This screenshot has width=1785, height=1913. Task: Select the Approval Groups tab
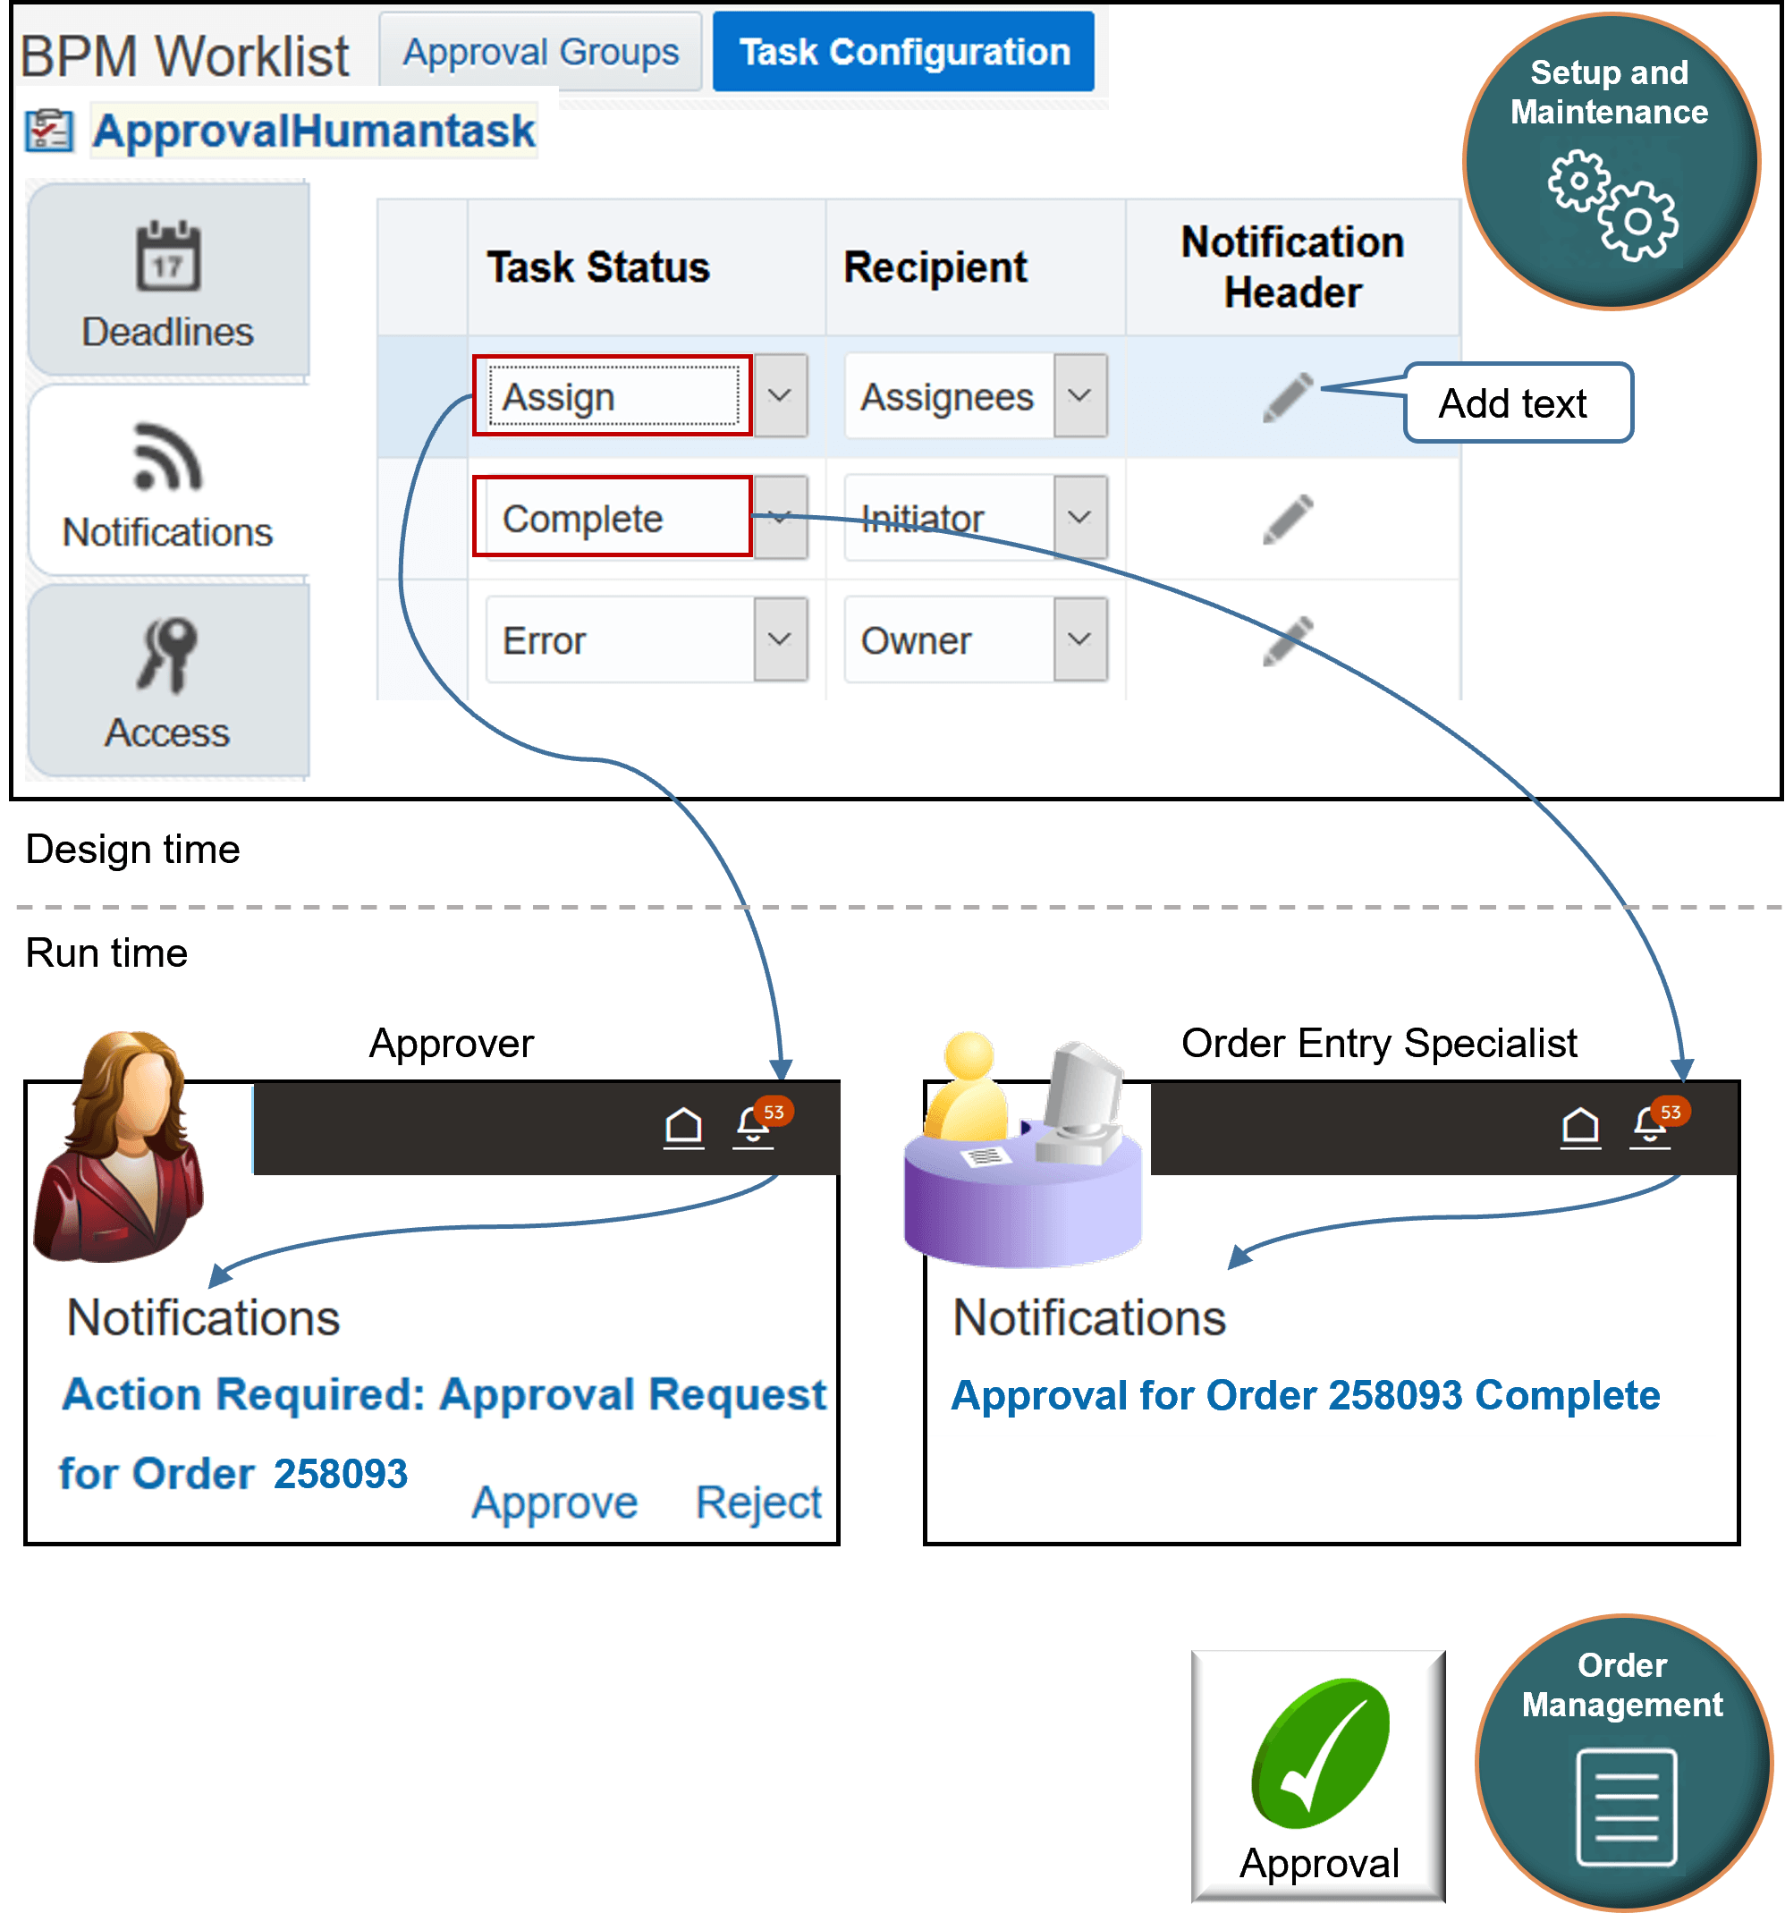540,52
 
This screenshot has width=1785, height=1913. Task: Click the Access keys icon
167,655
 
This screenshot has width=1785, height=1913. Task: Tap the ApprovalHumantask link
313,131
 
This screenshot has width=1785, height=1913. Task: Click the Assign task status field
613,396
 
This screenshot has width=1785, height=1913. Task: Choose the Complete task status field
613,518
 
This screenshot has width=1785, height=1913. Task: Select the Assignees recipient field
947,396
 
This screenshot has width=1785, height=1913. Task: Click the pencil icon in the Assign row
1288,396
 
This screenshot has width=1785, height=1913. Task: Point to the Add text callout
1516,403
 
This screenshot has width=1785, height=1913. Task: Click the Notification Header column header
1291,267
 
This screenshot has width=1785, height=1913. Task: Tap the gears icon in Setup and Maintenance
1612,204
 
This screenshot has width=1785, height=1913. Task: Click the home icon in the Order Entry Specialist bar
1580,1126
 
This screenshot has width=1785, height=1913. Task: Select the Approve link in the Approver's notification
554,1502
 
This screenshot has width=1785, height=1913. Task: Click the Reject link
758,1502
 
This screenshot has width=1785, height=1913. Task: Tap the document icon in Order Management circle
1626,1807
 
